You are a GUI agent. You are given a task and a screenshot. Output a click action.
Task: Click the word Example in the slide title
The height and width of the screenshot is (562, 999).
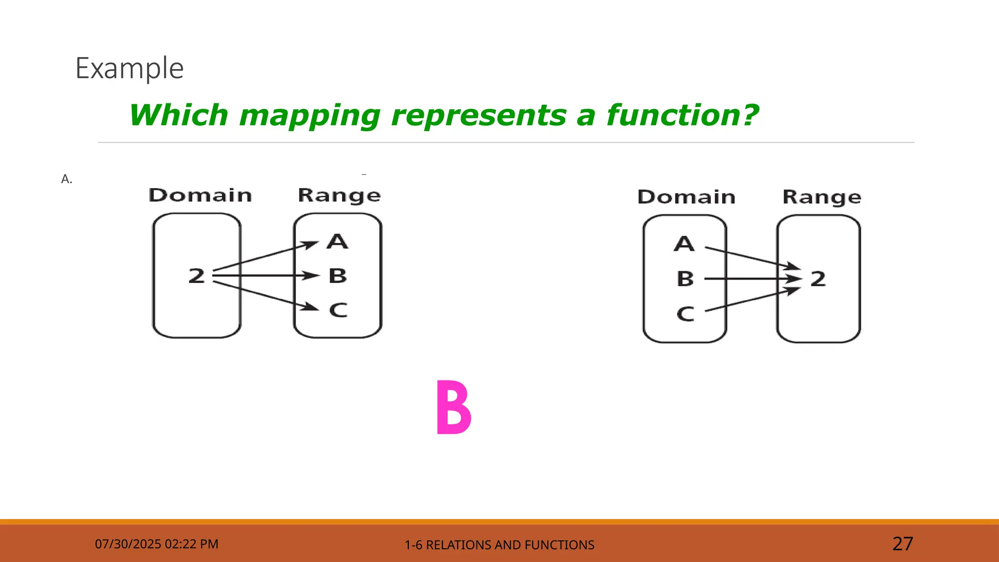[x=129, y=68]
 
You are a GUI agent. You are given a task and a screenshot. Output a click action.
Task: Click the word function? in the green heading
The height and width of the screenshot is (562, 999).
[x=682, y=116]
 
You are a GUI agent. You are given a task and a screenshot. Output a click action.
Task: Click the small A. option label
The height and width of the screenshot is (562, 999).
[x=67, y=179]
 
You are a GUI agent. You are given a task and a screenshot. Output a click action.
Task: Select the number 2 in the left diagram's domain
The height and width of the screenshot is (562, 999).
[x=197, y=276]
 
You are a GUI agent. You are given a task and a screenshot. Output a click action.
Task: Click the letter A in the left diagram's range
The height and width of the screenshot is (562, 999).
[x=338, y=241]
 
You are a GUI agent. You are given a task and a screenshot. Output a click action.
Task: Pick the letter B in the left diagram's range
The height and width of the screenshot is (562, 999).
[x=338, y=276]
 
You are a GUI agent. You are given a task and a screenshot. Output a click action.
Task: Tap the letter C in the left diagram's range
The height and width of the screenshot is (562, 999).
[x=338, y=310]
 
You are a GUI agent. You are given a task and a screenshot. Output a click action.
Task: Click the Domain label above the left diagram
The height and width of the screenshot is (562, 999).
[x=200, y=195]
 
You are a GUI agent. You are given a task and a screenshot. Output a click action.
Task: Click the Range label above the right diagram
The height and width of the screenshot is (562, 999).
[x=821, y=197]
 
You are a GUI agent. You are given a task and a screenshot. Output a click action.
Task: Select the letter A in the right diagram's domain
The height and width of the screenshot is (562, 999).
[x=684, y=243]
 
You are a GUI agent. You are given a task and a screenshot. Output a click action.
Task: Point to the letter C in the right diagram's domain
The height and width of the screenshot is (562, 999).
[x=685, y=314]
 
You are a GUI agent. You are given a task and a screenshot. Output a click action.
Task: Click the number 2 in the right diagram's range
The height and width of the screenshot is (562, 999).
[x=818, y=279]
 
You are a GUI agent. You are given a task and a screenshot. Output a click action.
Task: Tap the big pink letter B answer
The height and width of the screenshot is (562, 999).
[x=453, y=408]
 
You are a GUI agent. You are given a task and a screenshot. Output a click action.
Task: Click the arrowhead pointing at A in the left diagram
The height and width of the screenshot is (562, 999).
[x=310, y=244]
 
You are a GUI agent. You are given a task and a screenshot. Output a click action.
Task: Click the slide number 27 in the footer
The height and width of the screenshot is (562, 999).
[x=902, y=543]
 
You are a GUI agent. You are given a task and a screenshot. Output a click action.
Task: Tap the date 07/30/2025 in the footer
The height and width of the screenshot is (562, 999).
[x=128, y=544]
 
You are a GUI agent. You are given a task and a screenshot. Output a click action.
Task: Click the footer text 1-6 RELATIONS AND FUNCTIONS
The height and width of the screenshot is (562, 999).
[x=499, y=545]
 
